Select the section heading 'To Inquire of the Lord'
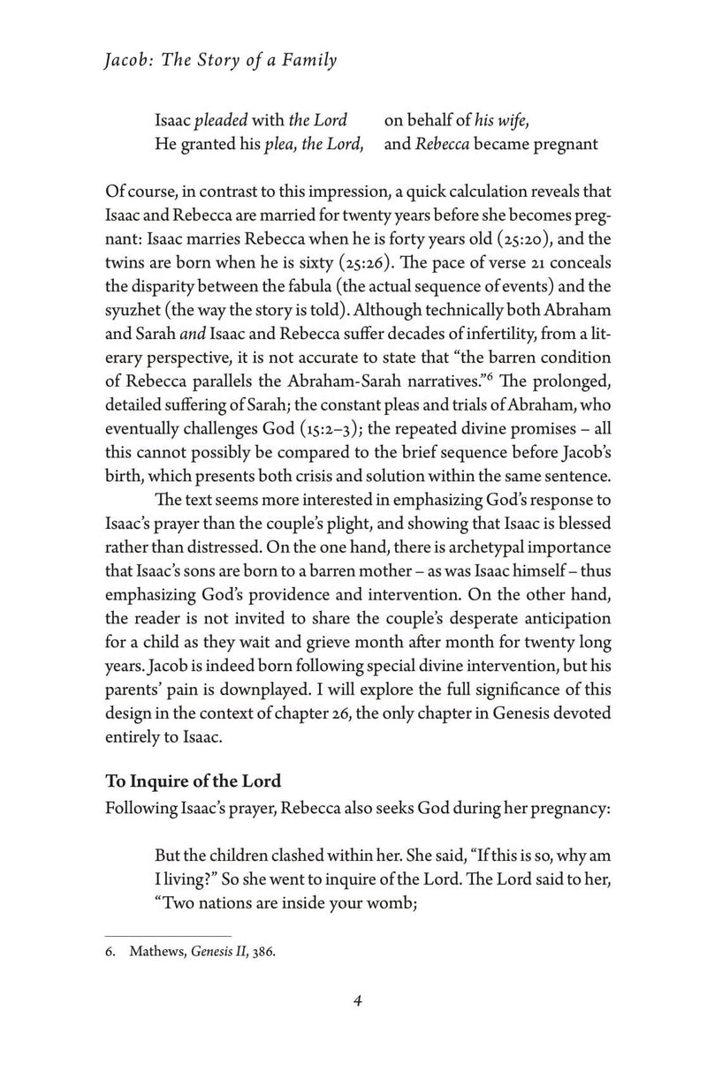click(194, 781)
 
